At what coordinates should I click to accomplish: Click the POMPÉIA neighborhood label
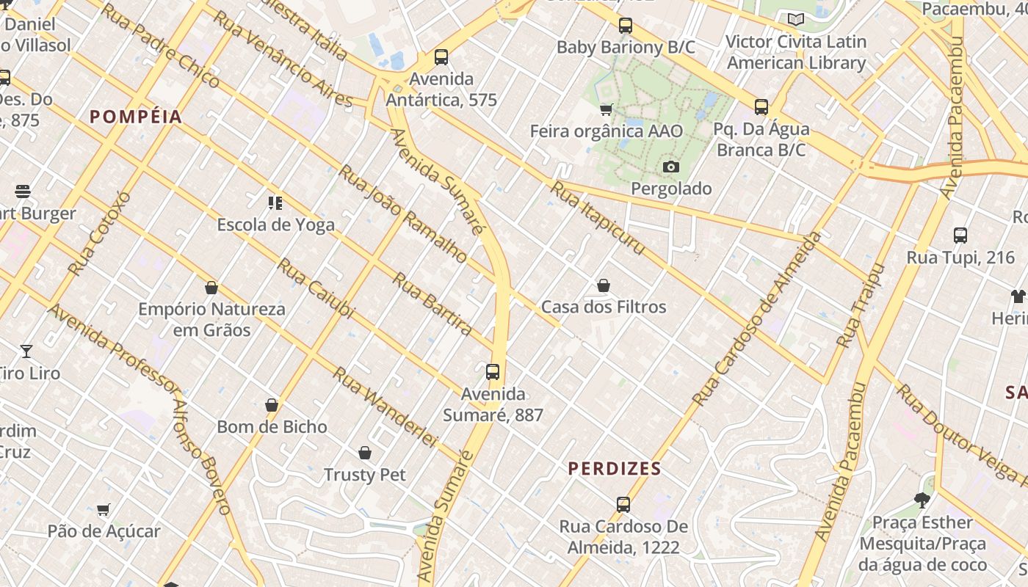pos(136,117)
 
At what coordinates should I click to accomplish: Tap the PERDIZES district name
pos(615,468)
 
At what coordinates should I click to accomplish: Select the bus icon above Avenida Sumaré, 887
pos(493,372)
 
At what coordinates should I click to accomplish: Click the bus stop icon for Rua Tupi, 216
pos(960,236)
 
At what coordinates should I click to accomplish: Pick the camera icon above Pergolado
pos(670,167)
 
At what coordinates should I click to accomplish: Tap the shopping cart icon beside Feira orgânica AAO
pos(607,110)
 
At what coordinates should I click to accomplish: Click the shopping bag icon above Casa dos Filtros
pos(604,285)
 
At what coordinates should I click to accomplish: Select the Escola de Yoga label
pos(275,225)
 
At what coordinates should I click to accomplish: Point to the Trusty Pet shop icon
pos(365,453)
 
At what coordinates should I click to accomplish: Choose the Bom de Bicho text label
pos(272,426)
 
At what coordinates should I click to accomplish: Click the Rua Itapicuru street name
pos(598,219)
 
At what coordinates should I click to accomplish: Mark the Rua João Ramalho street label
pos(402,214)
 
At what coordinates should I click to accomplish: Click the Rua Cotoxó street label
pos(100,233)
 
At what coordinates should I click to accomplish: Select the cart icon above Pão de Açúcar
pos(104,509)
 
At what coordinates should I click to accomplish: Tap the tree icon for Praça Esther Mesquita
pos(922,500)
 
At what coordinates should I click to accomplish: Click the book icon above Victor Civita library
pos(795,20)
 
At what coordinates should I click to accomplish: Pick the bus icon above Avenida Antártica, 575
pos(441,57)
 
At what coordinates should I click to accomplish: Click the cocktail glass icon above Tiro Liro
pos(26,351)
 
